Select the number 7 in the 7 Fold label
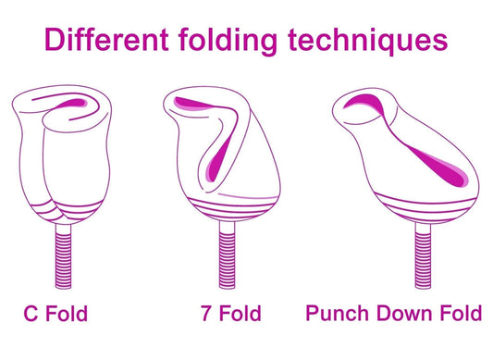(204, 314)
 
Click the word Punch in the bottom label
(339, 314)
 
